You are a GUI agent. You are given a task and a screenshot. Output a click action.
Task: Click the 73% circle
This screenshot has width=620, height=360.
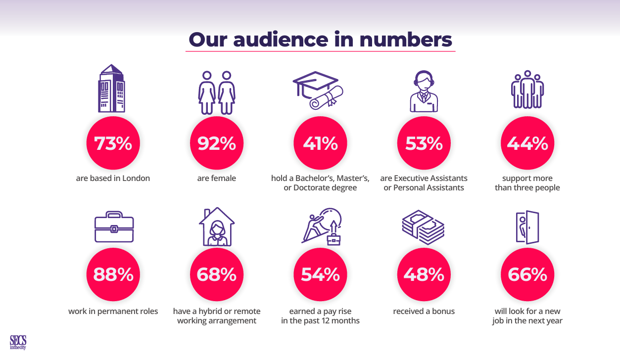point(113,143)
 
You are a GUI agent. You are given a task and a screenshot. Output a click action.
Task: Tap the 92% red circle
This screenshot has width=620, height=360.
point(216,143)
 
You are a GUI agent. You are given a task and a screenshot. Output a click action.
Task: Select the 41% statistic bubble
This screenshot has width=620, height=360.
point(320,143)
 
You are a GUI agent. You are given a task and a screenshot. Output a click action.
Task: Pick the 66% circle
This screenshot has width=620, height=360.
point(527,274)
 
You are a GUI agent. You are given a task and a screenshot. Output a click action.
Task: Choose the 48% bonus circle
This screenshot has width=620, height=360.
point(424,274)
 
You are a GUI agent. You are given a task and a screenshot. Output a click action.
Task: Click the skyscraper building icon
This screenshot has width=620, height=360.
point(111,89)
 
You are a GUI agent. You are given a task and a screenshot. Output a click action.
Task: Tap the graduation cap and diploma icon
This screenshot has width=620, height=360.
point(318,90)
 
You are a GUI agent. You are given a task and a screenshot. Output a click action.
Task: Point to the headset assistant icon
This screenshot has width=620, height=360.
point(424,91)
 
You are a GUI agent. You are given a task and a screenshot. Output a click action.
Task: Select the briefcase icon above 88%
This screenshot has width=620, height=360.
point(114,227)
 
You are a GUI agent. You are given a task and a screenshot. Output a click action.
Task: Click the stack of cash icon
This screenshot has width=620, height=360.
point(423,227)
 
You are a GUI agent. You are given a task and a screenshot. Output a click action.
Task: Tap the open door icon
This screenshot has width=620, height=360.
point(527,227)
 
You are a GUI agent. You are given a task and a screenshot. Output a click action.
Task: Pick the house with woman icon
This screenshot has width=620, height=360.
point(217,226)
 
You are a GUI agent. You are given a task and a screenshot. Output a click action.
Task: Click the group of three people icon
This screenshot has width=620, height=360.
point(527,89)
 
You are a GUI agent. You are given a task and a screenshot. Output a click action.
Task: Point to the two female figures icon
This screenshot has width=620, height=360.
point(217,92)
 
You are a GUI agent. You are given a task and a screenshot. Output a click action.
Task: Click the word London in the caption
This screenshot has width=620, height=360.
point(136,178)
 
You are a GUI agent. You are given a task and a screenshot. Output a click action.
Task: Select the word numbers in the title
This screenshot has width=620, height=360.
point(405,40)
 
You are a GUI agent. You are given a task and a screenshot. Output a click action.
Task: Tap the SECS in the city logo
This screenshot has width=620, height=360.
point(18,343)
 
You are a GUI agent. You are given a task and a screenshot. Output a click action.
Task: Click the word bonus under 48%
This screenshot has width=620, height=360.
point(443,312)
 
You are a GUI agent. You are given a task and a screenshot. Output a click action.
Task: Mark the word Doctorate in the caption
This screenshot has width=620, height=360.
point(310,187)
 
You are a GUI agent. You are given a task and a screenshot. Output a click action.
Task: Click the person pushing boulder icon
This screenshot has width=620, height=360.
point(322,226)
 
